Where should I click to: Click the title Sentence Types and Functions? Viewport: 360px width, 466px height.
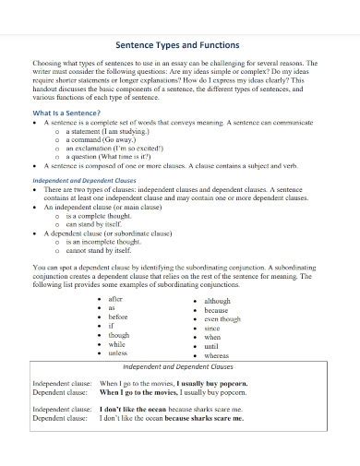pos(180,43)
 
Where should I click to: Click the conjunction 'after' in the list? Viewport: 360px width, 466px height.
pos(117,300)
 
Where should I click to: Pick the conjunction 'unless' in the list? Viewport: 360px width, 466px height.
pos(119,352)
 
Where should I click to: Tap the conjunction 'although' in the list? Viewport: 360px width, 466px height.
pos(218,301)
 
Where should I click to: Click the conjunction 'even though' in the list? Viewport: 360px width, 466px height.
pos(223,318)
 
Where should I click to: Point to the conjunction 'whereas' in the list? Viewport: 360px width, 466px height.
pos(218,354)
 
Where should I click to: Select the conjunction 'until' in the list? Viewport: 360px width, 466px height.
pos(213,345)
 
